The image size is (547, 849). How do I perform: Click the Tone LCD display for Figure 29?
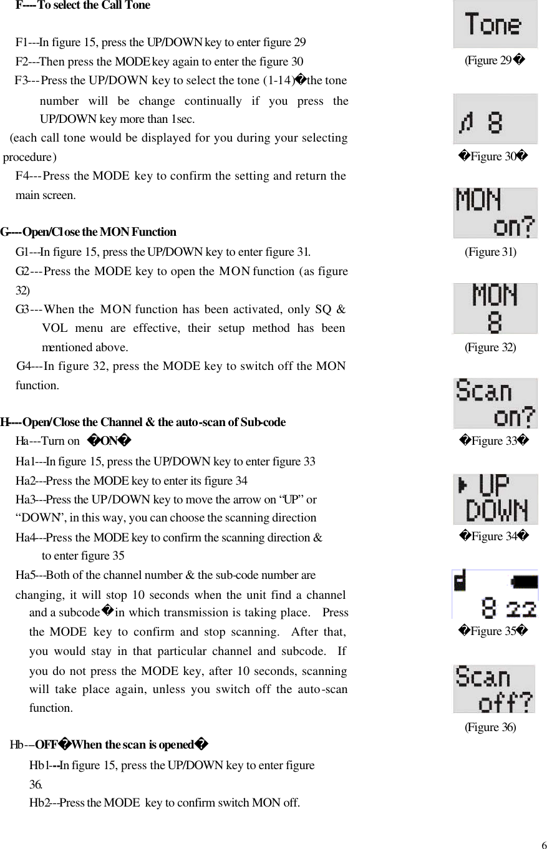(x=495, y=24)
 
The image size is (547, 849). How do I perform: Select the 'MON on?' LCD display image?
(x=495, y=213)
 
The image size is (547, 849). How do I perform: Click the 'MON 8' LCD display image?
(x=495, y=308)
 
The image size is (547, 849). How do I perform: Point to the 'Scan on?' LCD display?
(x=495, y=403)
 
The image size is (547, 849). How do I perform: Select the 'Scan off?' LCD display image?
(x=494, y=689)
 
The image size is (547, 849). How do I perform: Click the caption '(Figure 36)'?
(x=490, y=727)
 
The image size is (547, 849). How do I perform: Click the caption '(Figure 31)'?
(x=490, y=252)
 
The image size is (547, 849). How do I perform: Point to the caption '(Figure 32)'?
(x=490, y=347)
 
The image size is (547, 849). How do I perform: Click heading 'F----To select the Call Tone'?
(x=82, y=6)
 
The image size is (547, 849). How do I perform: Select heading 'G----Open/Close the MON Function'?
(x=89, y=232)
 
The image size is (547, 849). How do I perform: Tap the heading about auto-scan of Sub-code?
(x=143, y=422)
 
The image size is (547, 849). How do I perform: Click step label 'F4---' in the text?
(x=28, y=176)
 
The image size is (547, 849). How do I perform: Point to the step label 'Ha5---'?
(x=29, y=575)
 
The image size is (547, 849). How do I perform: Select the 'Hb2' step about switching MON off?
(x=164, y=803)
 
